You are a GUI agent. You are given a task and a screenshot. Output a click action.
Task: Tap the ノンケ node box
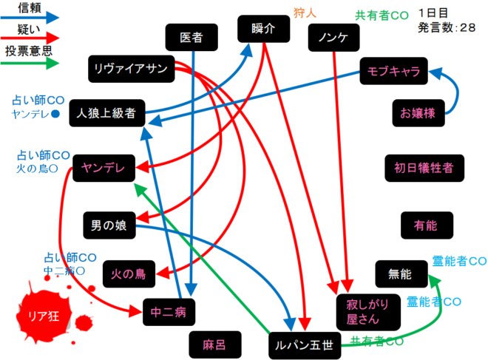[332, 37]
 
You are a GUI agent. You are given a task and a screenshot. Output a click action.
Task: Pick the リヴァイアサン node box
[131, 69]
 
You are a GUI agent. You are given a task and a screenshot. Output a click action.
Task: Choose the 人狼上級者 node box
[106, 114]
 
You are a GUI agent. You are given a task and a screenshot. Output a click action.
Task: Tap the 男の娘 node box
[109, 225]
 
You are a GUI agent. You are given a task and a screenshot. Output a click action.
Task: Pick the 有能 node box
[424, 224]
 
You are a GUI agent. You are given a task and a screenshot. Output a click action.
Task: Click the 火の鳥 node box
[128, 274]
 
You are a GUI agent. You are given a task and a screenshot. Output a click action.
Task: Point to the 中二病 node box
[167, 312]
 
